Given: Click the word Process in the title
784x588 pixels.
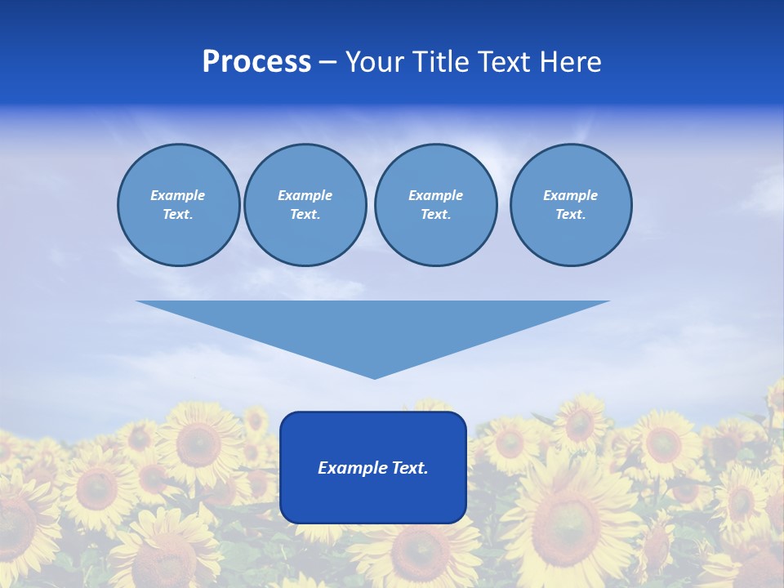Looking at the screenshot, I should click(256, 62).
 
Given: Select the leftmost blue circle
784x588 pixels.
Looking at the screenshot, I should click(179, 205).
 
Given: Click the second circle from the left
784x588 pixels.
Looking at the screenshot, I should click(305, 205).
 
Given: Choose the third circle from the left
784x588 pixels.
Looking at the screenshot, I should click(435, 205).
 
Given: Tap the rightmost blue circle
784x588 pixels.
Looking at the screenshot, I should click(571, 205).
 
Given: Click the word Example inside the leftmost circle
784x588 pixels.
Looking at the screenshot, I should click(178, 195).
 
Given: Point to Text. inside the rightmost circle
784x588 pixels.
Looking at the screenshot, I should click(571, 215).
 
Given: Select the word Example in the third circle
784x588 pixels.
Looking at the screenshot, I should click(435, 195).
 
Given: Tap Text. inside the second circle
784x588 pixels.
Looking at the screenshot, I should click(305, 215).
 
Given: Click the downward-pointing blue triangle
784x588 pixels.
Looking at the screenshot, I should click(373, 327).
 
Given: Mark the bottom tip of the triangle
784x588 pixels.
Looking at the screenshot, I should click(374, 376).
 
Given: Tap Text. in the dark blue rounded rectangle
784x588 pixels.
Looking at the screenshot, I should click(409, 468).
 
